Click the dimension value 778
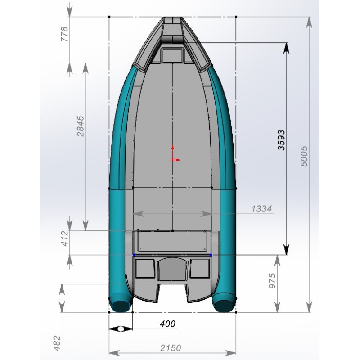click(64, 34)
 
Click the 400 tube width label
click(167, 324)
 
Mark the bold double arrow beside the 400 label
click(121, 329)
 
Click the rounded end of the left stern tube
click(120, 306)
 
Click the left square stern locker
click(145, 269)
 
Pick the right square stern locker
click(198, 269)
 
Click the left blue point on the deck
click(134, 255)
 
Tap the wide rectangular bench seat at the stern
click(173, 241)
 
